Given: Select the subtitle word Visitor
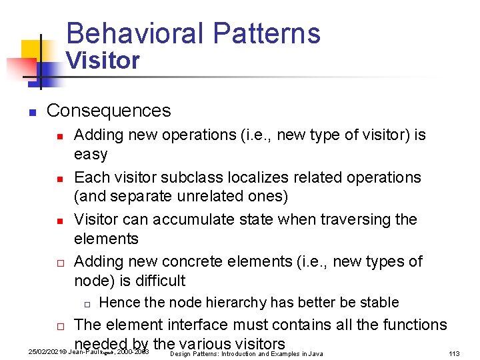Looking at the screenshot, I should click(102, 61).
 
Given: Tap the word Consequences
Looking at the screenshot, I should click(109, 110).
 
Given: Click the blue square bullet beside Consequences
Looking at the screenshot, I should click(31, 112).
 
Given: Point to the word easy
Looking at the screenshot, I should click(91, 154).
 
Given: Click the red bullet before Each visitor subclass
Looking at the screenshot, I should click(59, 179).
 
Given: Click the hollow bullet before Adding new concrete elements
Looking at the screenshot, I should click(59, 263).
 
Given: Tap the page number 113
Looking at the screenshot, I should click(454, 353).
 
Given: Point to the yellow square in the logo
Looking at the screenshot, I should click(32, 51).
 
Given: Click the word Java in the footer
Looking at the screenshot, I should click(315, 353).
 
